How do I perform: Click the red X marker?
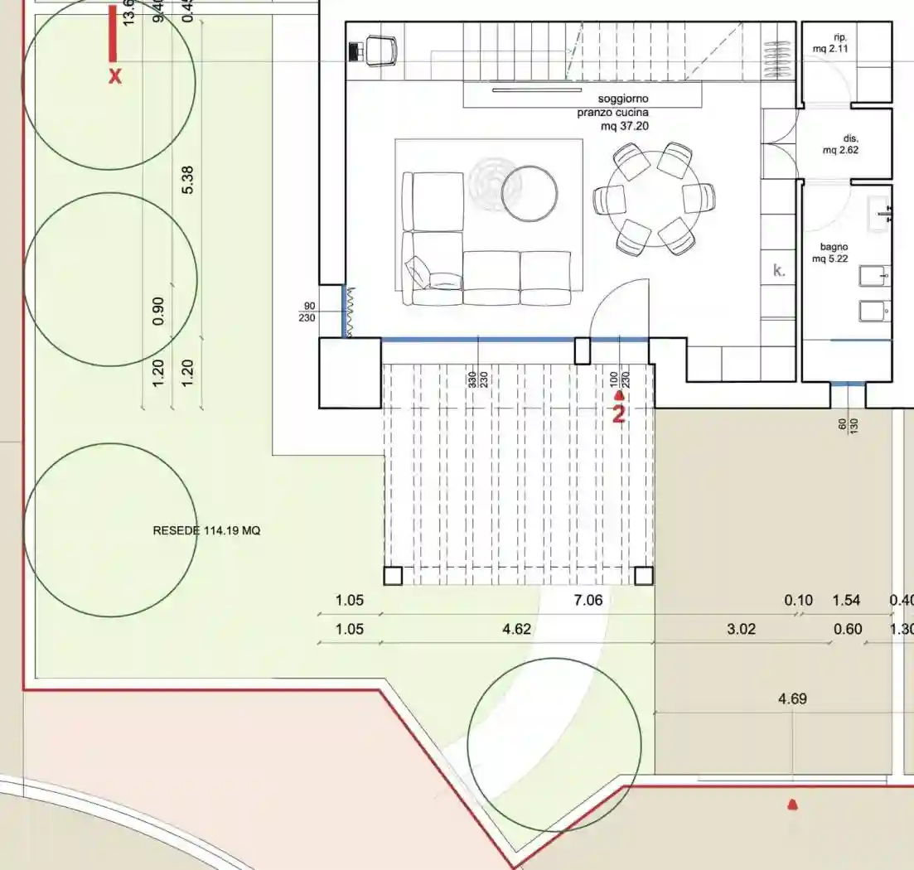click(115, 77)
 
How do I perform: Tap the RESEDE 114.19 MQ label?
click(206, 530)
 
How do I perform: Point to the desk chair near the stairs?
click(380, 51)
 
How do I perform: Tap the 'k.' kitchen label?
click(779, 270)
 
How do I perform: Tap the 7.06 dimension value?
click(588, 601)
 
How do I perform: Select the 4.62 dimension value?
click(516, 630)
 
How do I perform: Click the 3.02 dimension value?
click(741, 630)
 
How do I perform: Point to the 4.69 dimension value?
click(791, 699)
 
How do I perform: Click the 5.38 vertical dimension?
click(187, 180)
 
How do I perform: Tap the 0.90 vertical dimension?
click(159, 311)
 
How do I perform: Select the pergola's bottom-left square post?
click(393, 575)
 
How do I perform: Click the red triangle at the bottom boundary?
click(793, 804)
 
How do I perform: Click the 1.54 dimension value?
click(846, 601)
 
